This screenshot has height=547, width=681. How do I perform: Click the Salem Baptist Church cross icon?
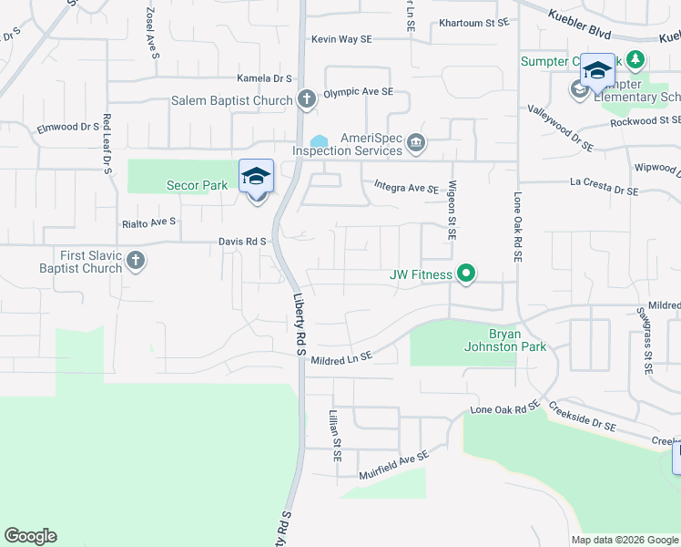click(x=308, y=100)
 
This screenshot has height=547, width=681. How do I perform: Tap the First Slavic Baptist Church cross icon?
click(x=135, y=262)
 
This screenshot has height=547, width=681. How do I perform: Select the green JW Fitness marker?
click(x=466, y=273)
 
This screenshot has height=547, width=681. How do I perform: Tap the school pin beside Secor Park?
click(x=257, y=176)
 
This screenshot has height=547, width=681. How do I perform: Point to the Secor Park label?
click(x=197, y=185)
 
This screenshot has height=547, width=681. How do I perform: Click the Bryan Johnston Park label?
click(x=492, y=340)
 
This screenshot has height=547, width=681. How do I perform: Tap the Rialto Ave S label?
click(x=148, y=222)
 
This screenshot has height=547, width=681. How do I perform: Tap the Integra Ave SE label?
click(x=407, y=188)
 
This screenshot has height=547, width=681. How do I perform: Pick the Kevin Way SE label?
click(x=341, y=39)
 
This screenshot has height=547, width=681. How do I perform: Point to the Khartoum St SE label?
click(x=473, y=23)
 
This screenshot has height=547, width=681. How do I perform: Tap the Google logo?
click(x=30, y=536)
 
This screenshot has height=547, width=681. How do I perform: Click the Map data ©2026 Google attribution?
click(x=625, y=540)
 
